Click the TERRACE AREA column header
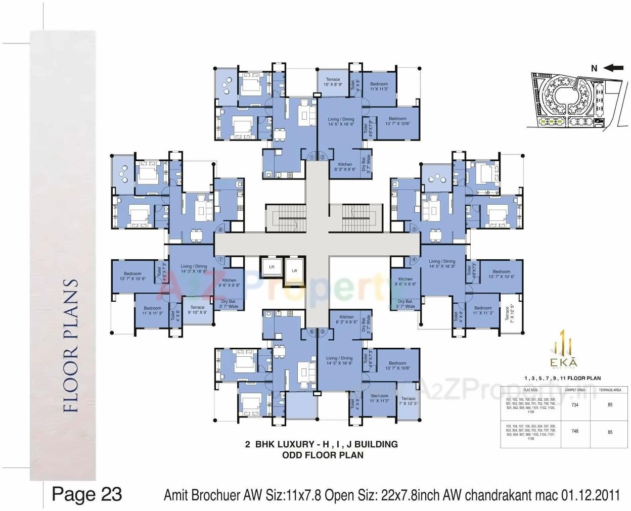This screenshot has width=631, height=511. [x=610, y=390]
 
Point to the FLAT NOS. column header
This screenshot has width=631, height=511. [x=530, y=390]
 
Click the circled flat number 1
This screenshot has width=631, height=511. [x=311, y=157]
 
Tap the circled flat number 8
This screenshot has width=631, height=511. [x=219, y=229]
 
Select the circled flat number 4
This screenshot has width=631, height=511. [x=414, y=260]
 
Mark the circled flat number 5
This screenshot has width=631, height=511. [x=323, y=332]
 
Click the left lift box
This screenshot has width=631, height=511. [x=272, y=266]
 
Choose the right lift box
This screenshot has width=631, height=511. [x=294, y=271]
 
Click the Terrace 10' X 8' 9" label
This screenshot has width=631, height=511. [x=333, y=82]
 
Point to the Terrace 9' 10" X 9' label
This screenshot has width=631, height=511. [x=197, y=310]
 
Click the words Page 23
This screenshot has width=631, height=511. [x=87, y=494]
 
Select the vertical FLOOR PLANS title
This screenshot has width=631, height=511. [x=71, y=346]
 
